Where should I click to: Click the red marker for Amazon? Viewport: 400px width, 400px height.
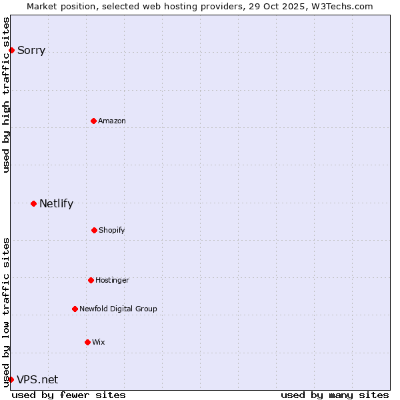coord(93,121)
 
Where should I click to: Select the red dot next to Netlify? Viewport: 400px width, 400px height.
coord(33,203)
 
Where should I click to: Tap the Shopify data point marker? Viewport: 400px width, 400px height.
coord(94,230)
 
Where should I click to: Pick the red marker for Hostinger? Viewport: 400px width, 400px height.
coord(91,280)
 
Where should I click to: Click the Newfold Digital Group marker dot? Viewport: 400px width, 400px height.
coord(75,309)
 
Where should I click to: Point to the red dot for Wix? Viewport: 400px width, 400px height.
coord(87,342)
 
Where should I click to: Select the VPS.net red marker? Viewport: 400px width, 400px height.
coord(11,379)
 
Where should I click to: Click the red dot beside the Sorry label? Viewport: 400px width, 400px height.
coord(11,50)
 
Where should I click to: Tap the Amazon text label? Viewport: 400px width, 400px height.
coord(112,121)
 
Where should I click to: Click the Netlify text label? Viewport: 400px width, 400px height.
coord(56,203)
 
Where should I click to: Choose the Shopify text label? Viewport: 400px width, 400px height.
coord(112,230)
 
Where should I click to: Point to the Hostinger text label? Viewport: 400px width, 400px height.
coord(112,280)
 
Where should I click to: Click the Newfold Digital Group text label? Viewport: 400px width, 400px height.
coord(118,309)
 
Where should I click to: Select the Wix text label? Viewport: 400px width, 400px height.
coord(99,342)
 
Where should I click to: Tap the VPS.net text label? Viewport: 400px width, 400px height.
coord(37,379)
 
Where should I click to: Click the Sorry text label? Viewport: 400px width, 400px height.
coord(31,50)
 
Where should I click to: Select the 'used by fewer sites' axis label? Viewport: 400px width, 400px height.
coord(69,395)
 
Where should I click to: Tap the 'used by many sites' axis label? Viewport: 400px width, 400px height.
coord(335,395)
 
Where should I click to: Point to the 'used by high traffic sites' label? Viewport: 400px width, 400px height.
coord(6,95)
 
